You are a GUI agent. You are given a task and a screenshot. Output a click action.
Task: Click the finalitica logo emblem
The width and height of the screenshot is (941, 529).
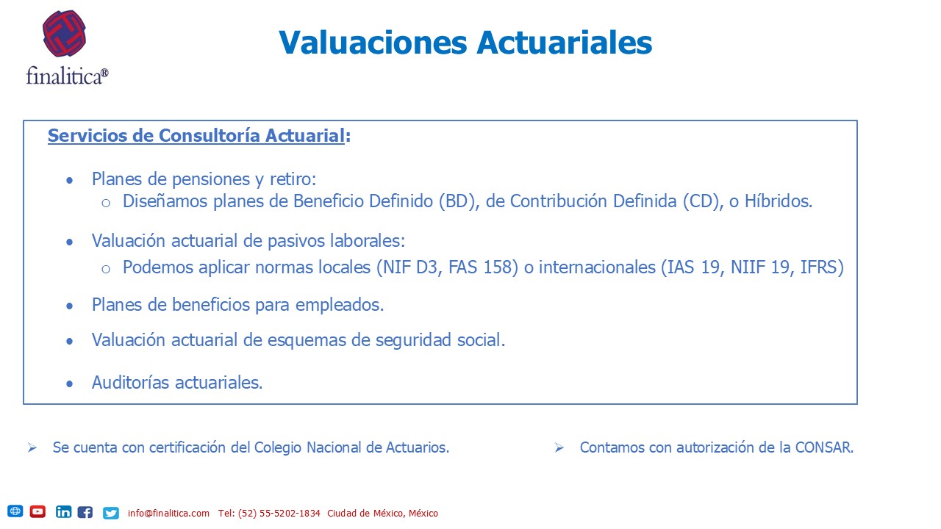[x=64, y=34]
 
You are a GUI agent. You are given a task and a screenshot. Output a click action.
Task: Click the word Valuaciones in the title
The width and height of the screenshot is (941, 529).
[x=373, y=43]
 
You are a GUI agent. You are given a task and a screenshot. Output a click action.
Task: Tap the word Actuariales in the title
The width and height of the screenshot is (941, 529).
[x=564, y=43]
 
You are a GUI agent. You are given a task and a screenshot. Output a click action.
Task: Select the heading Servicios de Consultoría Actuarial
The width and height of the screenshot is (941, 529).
[x=196, y=136]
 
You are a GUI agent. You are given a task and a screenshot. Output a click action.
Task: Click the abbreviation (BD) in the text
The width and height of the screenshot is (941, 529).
[x=459, y=201]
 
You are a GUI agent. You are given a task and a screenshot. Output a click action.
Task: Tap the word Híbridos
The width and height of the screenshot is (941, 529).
[x=779, y=201]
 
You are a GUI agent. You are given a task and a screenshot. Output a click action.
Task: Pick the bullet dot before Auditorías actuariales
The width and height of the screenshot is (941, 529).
[x=70, y=384]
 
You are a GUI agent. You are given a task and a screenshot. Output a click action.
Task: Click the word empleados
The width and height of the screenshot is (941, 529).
[x=340, y=305]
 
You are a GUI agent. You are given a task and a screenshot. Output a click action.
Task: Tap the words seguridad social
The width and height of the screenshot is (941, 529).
[x=440, y=340]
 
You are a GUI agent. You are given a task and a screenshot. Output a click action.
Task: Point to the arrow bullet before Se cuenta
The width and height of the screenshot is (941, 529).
[x=32, y=447]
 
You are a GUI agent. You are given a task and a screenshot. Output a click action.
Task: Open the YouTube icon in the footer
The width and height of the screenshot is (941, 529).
[x=37, y=512]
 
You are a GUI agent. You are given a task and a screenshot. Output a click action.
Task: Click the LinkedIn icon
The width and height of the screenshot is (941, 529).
[x=63, y=512]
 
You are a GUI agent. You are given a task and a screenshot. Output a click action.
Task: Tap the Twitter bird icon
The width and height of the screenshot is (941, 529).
[x=111, y=513]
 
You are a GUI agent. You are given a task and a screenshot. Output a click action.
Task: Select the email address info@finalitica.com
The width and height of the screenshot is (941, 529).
[x=168, y=514]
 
